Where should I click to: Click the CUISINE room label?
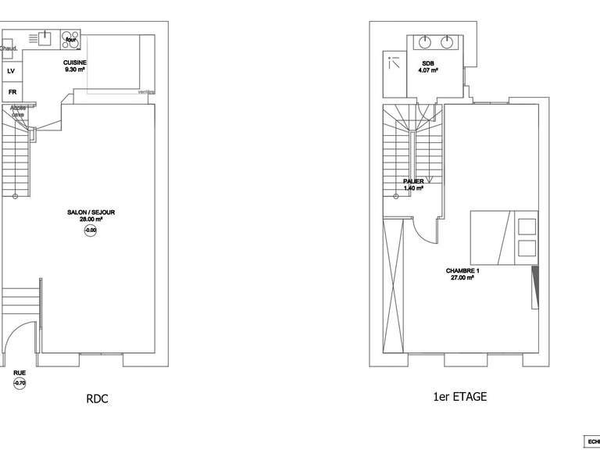pyautogui.click(x=75, y=62)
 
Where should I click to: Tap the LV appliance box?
pyautogui.click(x=11, y=71)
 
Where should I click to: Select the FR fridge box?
pyautogui.click(x=12, y=92)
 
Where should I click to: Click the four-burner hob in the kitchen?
pyautogui.click(x=70, y=38)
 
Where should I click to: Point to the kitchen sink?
pyautogui.click(x=45, y=37)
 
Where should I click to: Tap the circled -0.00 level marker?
pyautogui.click(x=90, y=230)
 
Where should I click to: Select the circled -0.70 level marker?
pyautogui.click(x=20, y=384)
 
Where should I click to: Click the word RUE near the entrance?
pyautogui.click(x=19, y=373)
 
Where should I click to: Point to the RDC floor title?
pyautogui.click(x=97, y=399)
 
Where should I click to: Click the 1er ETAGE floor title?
pyautogui.click(x=459, y=397)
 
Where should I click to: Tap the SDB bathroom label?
pyautogui.click(x=427, y=63)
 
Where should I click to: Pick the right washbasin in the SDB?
pyautogui.click(x=448, y=41)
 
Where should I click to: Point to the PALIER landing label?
pyautogui.click(x=413, y=181)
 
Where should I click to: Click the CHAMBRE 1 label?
pyautogui.click(x=462, y=271)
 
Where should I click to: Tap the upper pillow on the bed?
pyautogui.click(x=527, y=227)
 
